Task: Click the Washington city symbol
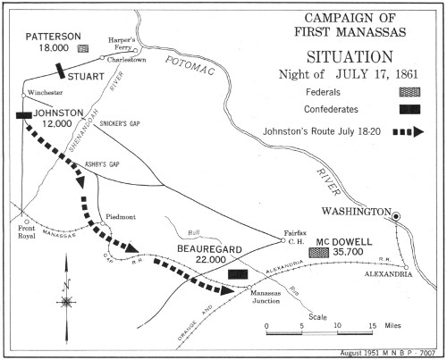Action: [x=399, y=214]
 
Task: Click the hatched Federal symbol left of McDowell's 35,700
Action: [x=316, y=253]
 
